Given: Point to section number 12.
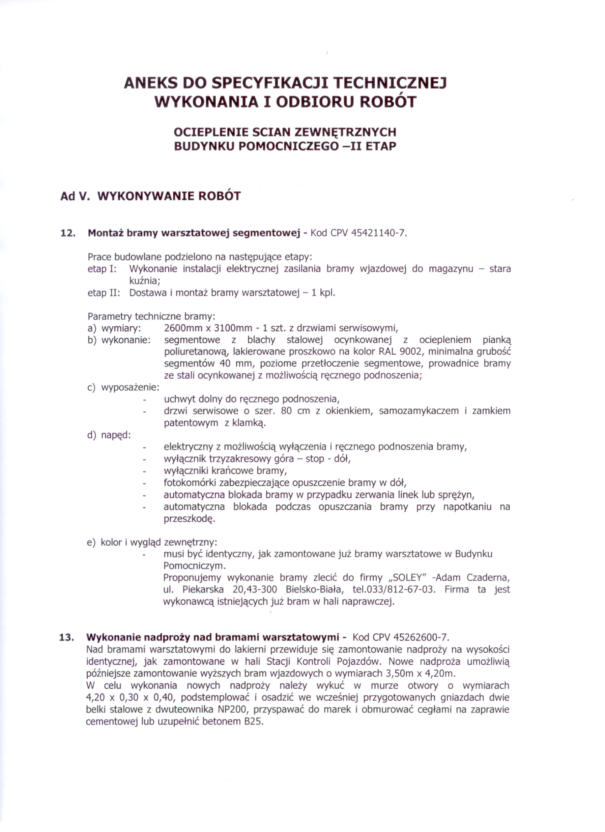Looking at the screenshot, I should (68, 233).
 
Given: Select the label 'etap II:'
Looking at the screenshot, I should (104, 293).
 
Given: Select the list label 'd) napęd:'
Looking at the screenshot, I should (109, 435).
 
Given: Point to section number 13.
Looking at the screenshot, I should (67, 637).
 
